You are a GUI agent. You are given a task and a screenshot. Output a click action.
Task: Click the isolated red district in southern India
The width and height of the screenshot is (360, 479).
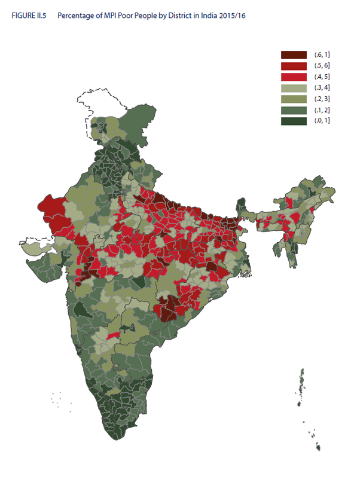point(110,337)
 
